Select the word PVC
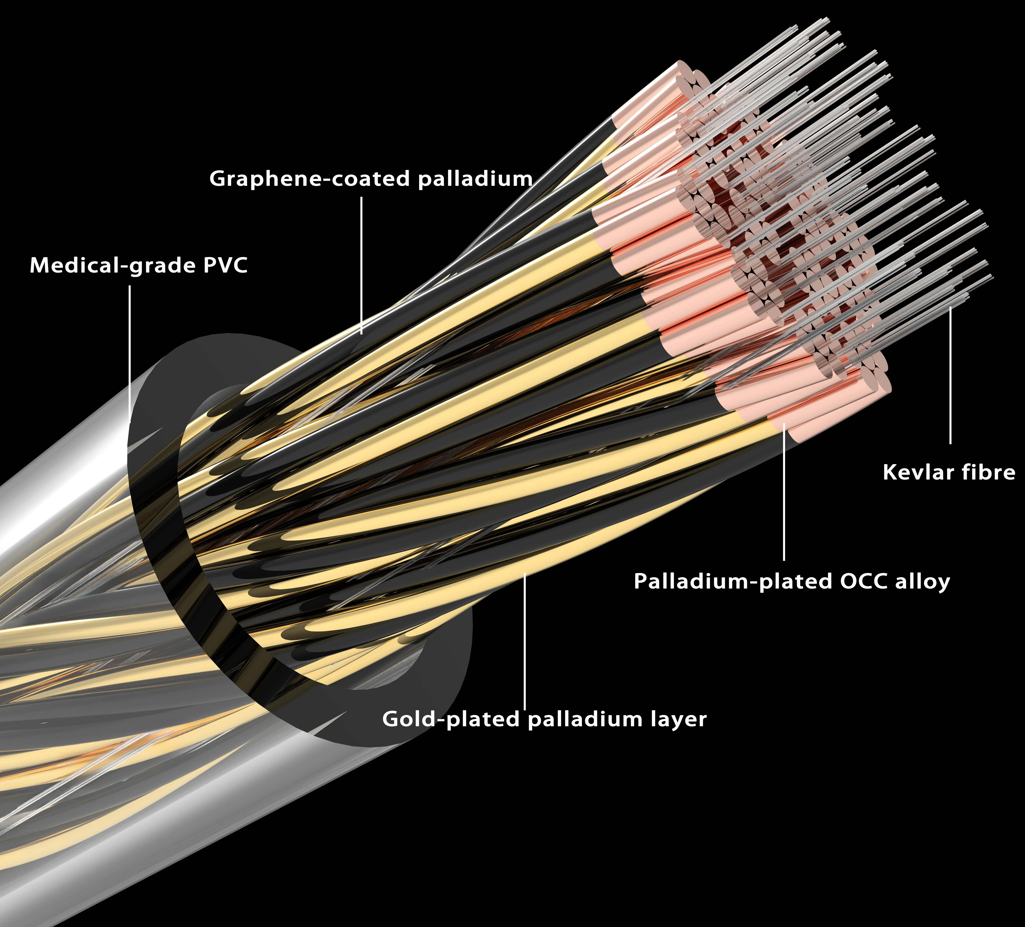point(225,265)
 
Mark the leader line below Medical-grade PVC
point(130,353)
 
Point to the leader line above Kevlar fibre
point(950,375)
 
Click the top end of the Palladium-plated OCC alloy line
point(784,423)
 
